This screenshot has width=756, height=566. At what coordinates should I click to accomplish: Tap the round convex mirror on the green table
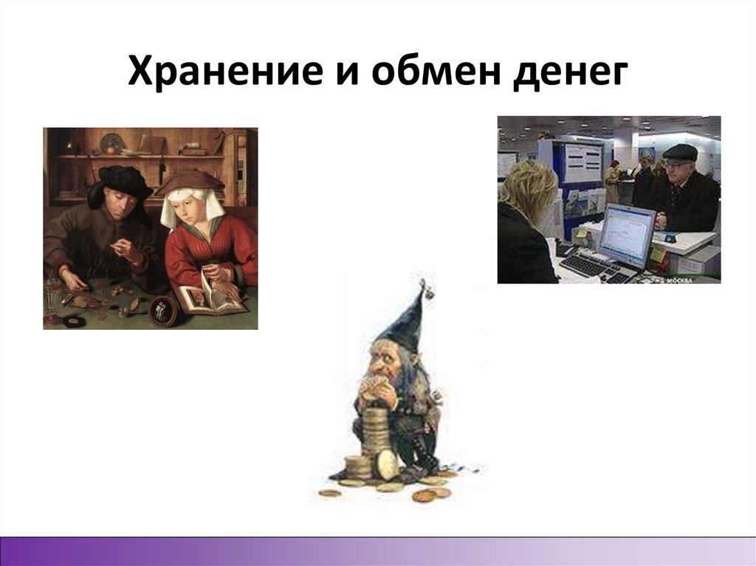[163, 311]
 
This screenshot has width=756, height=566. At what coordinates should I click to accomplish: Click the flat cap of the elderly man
[680, 152]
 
